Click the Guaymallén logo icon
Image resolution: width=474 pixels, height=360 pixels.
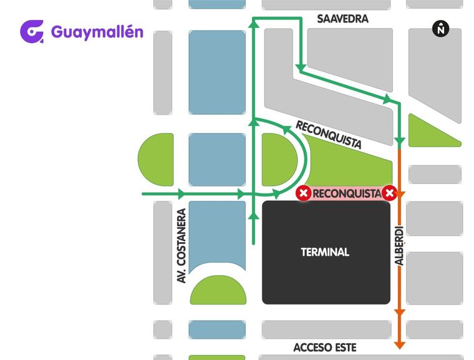pyautogui.click(x=32, y=32)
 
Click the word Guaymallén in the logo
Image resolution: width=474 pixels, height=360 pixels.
pyautogui.click(x=97, y=31)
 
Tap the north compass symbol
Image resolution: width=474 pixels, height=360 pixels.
pyautogui.click(x=441, y=28)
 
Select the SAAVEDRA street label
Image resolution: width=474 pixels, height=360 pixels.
pyautogui.click(x=342, y=19)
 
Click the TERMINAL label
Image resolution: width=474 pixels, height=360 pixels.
pyautogui.click(x=325, y=253)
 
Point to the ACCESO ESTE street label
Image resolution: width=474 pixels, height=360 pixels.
pyautogui.click(x=325, y=348)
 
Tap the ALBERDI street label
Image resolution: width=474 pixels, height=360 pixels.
pyautogui.click(x=400, y=245)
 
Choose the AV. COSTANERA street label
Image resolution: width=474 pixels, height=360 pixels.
pyautogui.click(x=182, y=246)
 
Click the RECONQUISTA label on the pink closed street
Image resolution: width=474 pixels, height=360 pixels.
pyautogui.click(x=346, y=193)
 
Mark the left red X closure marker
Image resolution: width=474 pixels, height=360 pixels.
pyautogui.click(x=303, y=193)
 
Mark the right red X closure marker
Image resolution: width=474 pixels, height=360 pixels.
pyautogui.click(x=390, y=193)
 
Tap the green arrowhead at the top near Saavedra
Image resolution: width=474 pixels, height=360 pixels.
pyautogui.click(x=253, y=24)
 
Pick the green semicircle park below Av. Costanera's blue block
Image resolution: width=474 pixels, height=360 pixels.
pyautogui.click(x=217, y=291)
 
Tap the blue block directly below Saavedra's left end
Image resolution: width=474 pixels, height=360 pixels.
pyautogui.click(x=216, y=71)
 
